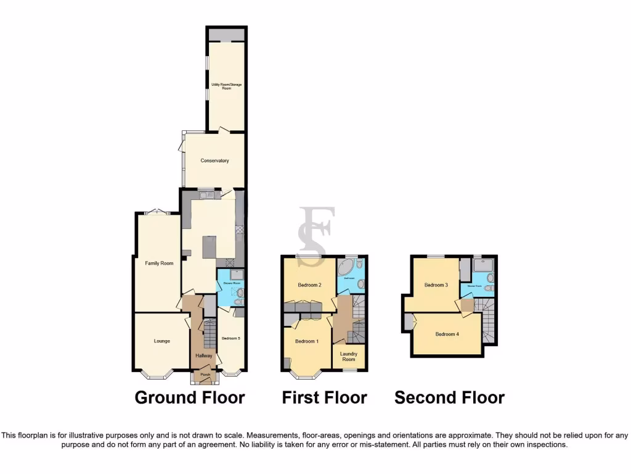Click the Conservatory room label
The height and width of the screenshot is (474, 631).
[x=214, y=160]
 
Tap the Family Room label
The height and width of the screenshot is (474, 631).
[x=159, y=264]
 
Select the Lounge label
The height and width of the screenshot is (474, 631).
[x=162, y=341]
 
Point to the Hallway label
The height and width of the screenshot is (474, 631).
[x=203, y=355]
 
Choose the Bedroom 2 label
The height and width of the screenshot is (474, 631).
[x=310, y=285]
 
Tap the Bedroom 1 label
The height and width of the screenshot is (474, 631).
[x=306, y=341]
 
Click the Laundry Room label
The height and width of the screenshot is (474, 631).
[x=349, y=357]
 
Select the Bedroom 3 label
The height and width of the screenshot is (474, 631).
[x=436, y=285]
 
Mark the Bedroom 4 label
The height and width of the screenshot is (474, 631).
[x=447, y=335]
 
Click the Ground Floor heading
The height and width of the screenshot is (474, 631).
[x=190, y=398]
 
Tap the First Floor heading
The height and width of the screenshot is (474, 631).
[x=325, y=398]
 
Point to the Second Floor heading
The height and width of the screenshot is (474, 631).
[x=450, y=398]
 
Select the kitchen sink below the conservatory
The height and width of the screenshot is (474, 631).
[x=205, y=196]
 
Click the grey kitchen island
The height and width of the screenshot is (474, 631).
[x=210, y=247]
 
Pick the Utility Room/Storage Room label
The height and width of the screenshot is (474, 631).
[x=226, y=86]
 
